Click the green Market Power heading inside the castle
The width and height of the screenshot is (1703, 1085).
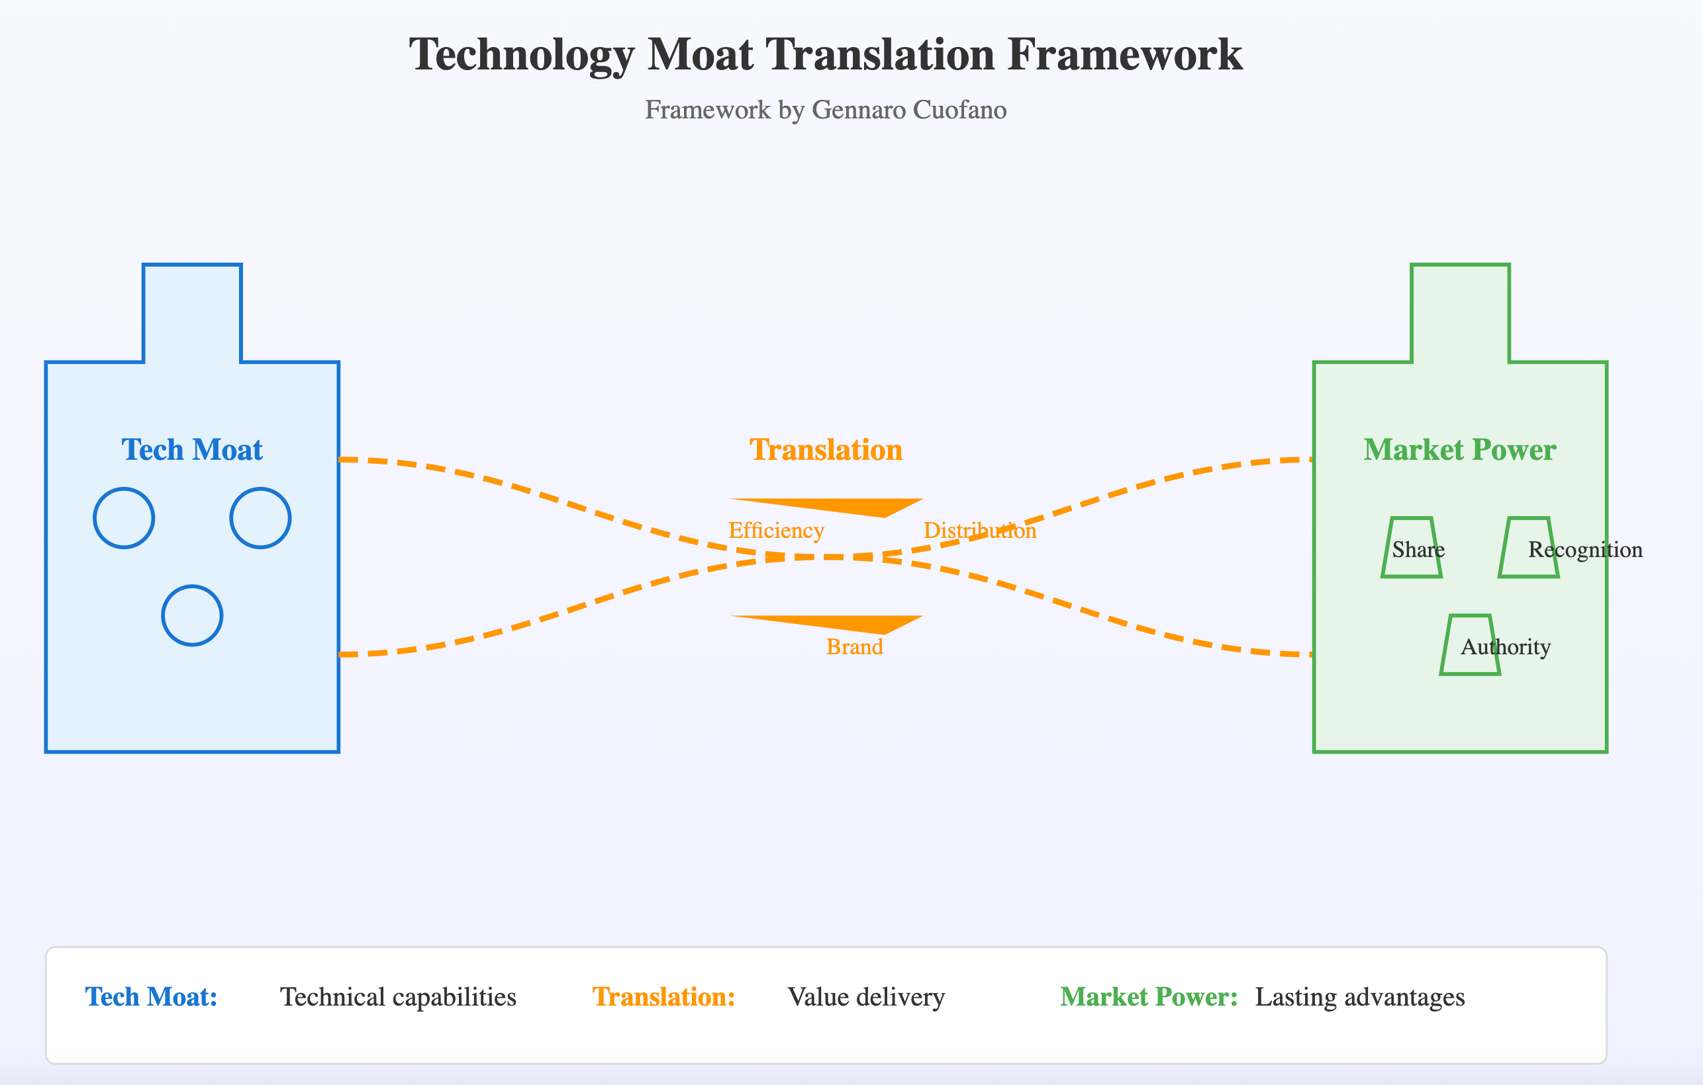coord(1460,451)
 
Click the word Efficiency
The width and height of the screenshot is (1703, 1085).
coord(776,530)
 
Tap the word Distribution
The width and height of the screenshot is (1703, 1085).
coord(979,530)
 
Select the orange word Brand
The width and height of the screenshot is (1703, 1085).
coord(854,647)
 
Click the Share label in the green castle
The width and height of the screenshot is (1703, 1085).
coord(1418,549)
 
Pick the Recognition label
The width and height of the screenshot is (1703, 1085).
coord(1585,549)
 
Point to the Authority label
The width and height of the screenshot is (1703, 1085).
coord(1505,647)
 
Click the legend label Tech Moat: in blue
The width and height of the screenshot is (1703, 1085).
coord(152,996)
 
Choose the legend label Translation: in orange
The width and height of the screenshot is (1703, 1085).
coord(663,996)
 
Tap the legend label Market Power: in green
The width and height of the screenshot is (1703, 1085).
coord(1149,996)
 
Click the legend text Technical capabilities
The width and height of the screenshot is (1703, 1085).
coord(398,996)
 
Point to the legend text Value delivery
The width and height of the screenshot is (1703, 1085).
coord(865,996)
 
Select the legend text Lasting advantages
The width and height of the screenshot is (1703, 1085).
coord(1359,996)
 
